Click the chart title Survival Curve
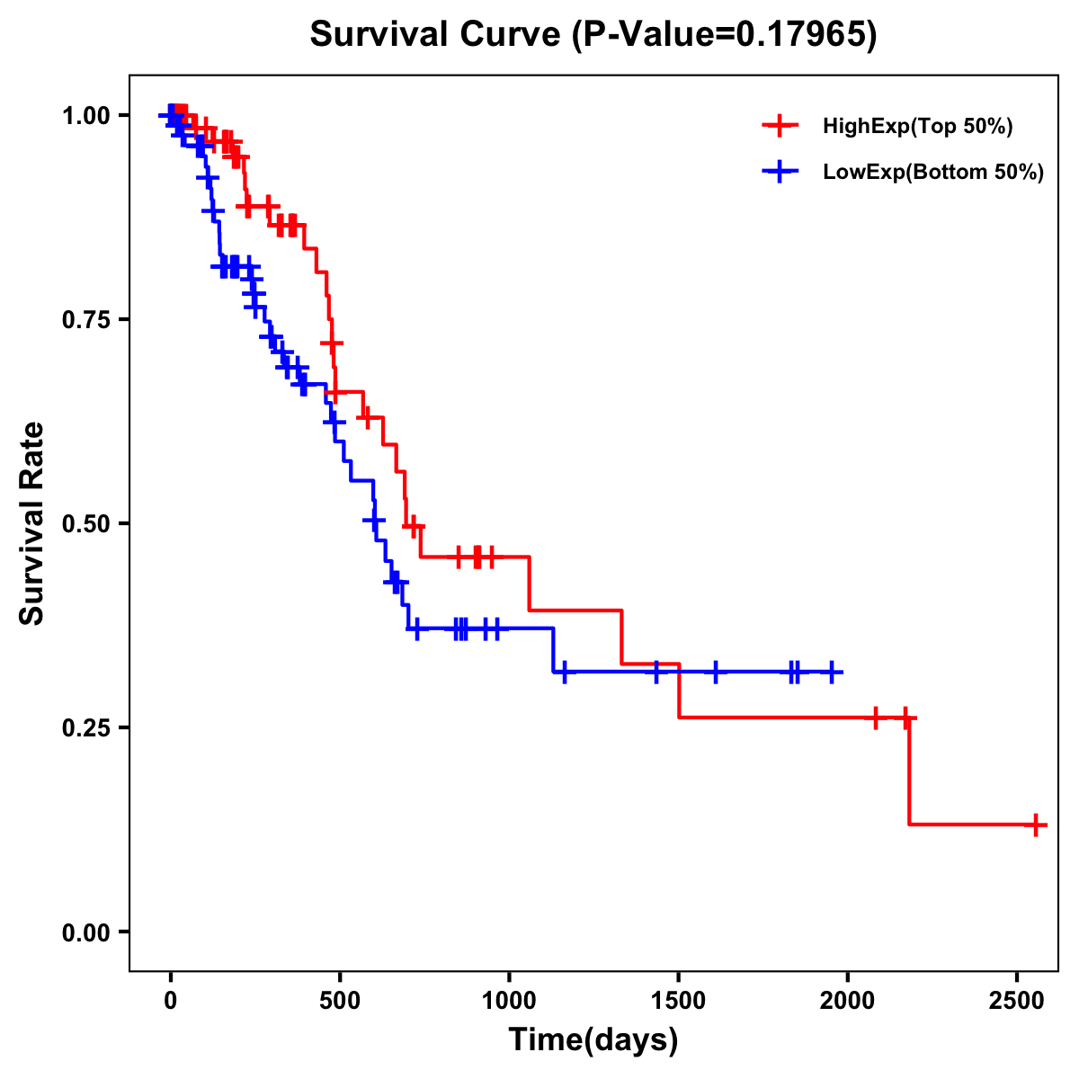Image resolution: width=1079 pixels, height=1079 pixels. [437, 34]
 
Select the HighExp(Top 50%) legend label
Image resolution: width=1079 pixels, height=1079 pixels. [918, 127]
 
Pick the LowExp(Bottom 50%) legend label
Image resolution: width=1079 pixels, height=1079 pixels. [933, 173]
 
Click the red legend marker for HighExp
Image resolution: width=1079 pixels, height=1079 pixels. [780, 127]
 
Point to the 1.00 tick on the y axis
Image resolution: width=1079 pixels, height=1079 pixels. [85, 115]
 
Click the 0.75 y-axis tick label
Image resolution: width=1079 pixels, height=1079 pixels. [85, 319]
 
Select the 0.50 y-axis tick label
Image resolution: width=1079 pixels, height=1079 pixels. [85, 523]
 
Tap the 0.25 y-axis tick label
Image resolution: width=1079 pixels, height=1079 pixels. [85, 727]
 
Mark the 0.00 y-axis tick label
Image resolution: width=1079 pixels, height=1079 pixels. [85, 932]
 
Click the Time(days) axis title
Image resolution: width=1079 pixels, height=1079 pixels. [593, 1040]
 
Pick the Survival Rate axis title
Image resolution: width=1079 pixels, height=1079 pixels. [32, 522]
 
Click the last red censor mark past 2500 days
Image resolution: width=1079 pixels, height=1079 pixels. [1036, 824]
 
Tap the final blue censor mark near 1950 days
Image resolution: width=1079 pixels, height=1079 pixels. [833, 672]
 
